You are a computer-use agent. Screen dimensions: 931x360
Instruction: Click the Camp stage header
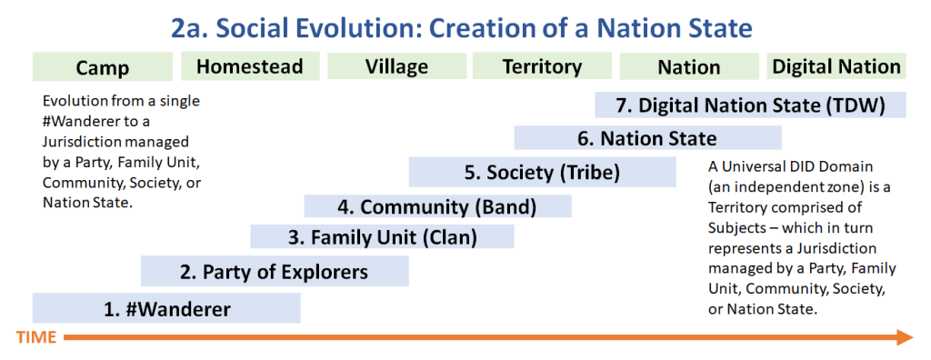tap(103, 67)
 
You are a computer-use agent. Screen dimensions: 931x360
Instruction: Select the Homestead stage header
tap(250, 66)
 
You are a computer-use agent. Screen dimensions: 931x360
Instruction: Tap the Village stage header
tap(396, 66)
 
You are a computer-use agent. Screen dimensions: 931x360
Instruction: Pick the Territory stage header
tap(542, 66)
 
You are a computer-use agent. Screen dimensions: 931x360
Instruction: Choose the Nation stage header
tap(689, 66)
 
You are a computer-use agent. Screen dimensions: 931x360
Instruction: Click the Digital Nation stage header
tap(836, 65)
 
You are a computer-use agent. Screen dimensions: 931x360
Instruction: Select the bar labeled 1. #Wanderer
tap(166, 308)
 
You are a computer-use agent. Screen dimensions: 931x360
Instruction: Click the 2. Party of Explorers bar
tap(275, 272)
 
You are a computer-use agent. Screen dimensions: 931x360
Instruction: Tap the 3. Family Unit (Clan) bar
tap(383, 237)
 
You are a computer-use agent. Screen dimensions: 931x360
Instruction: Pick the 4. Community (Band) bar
tap(437, 206)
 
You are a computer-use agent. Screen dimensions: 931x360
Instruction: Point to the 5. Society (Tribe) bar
tap(543, 173)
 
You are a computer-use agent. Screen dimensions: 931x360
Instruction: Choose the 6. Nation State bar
tap(647, 138)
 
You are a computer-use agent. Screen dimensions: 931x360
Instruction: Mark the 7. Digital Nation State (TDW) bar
tap(750, 105)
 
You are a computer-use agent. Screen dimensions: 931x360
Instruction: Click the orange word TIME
tap(36, 337)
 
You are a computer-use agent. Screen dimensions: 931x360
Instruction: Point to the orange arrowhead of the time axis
tap(905, 337)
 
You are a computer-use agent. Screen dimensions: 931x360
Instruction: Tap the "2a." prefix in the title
tap(187, 28)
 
